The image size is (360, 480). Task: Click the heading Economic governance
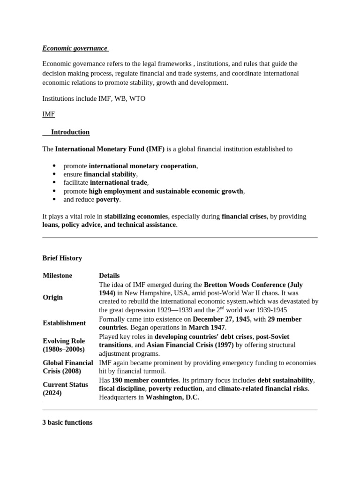tap(75, 48)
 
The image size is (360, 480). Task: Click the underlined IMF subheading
tap(48, 114)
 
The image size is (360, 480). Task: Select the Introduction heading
tap(70, 132)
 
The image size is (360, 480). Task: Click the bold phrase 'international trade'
tap(119, 183)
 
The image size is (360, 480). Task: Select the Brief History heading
tap(62, 258)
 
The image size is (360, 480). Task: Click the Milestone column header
tap(57, 276)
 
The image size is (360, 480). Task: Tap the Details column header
tap(109, 276)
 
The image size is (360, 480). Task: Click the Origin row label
tap(52, 297)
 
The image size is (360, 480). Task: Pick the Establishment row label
tap(64, 323)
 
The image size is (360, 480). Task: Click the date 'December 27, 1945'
tap(221, 319)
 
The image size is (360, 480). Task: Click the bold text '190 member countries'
tap(145, 380)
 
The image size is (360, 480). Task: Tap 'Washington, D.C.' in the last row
tap(172, 397)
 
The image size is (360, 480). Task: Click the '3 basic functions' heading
tap(67, 422)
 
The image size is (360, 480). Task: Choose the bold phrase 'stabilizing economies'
tap(136, 217)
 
